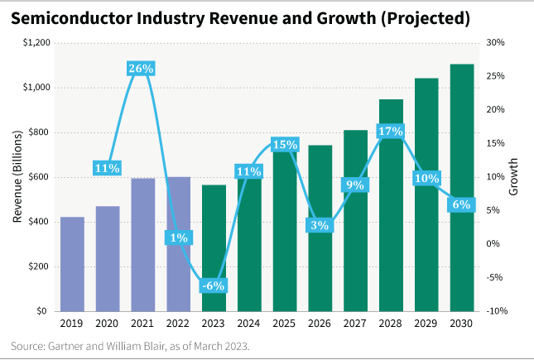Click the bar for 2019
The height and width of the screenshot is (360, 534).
(72, 264)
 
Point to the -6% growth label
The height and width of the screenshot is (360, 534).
(214, 286)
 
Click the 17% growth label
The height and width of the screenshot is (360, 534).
(390, 131)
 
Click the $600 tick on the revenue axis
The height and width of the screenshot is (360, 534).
(35, 177)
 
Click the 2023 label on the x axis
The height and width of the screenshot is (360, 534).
(214, 324)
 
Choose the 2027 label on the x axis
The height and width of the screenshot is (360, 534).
(355, 324)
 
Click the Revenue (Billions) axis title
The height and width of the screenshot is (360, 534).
(17, 177)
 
